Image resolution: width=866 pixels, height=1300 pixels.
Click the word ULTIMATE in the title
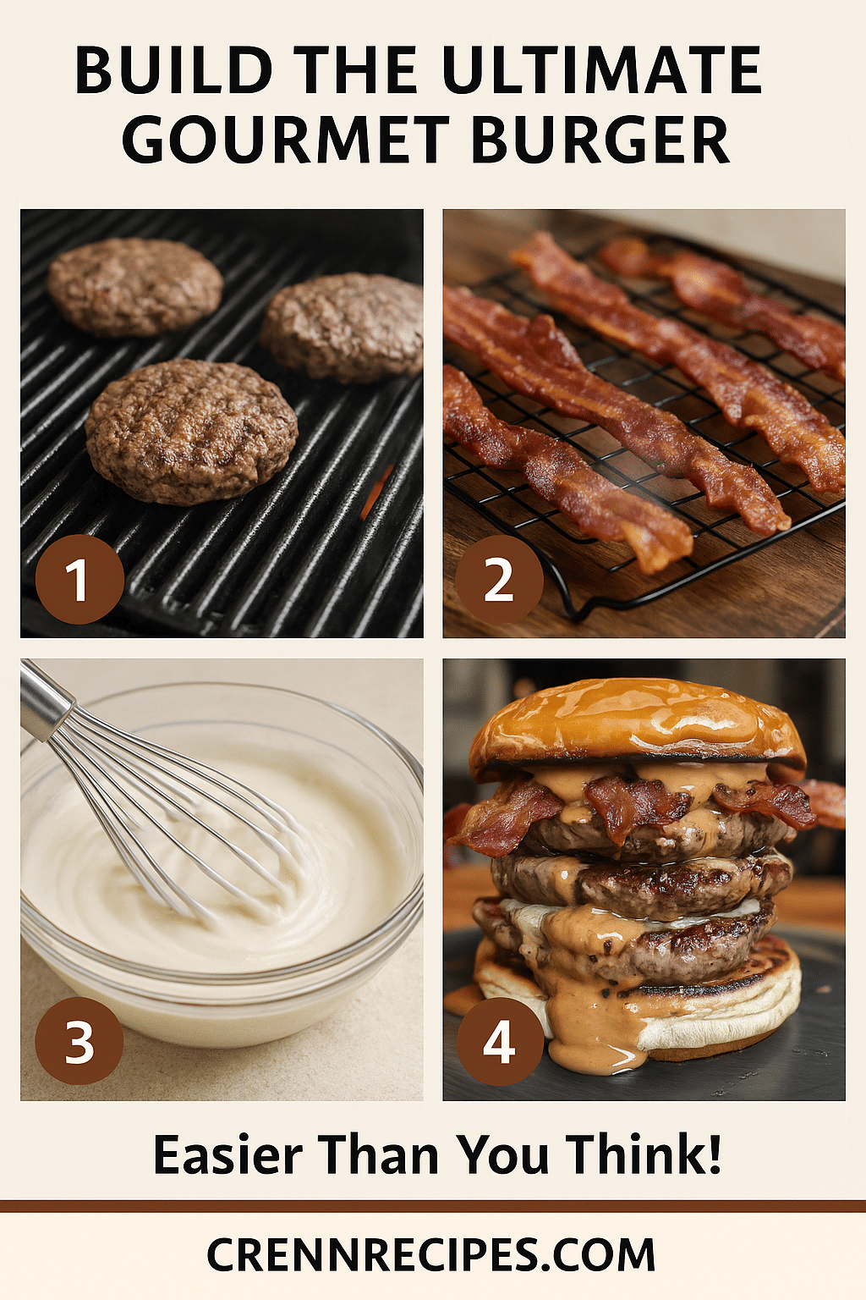(x=600, y=70)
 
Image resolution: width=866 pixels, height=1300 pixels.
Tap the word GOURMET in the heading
(x=285, y=140)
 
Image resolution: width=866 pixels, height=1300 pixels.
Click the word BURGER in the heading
(x=600, y=140)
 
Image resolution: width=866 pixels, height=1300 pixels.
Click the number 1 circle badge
(x=79, y=579)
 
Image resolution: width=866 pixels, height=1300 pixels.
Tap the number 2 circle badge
(x=499, y=579)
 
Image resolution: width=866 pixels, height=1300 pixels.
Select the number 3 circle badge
(x=79, y=1042)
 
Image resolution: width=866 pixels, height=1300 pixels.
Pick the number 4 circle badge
(x=500, y=1042)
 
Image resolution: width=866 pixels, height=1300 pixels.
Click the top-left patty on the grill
(x=135, y=287)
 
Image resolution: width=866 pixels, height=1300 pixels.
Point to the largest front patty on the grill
(x=191, y=432)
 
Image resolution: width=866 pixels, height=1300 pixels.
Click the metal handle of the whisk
(x=45, y=701)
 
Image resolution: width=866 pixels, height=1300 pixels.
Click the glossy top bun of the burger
(x=637, y=724)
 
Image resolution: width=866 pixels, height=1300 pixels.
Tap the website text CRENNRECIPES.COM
(x=431, y=1255)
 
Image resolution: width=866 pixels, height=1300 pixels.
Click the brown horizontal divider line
(x=433, y=1206)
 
